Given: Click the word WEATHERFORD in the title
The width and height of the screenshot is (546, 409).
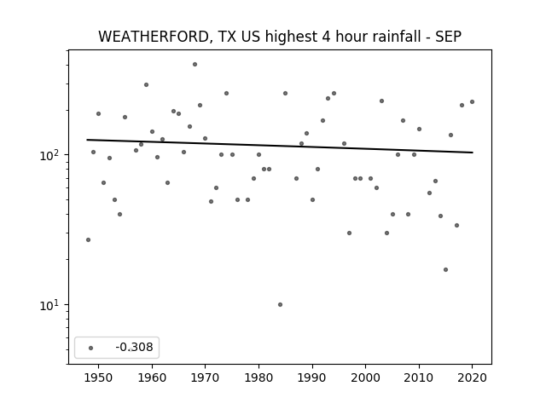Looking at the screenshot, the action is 154,37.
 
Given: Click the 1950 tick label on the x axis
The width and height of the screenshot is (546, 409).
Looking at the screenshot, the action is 99,377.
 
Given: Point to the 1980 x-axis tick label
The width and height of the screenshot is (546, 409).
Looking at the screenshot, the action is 258,377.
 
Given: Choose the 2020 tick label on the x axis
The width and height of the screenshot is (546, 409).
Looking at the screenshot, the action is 472,377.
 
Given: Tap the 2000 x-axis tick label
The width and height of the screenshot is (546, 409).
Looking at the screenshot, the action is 366,377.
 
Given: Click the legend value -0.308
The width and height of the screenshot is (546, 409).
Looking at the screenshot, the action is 134,347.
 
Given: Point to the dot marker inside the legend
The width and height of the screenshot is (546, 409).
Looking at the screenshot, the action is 91,348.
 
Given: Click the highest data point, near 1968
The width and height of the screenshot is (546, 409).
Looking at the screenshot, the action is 195,65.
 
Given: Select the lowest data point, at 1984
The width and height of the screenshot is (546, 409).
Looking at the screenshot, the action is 281,305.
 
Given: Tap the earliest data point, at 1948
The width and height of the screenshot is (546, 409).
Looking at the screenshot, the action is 88,240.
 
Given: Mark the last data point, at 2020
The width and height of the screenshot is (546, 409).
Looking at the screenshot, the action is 472,102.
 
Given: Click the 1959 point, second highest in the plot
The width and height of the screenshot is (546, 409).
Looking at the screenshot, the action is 146,85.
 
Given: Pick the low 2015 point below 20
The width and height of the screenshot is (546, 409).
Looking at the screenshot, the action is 445,270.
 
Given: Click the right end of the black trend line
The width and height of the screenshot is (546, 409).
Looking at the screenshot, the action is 473,153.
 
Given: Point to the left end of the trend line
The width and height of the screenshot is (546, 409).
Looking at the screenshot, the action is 87,140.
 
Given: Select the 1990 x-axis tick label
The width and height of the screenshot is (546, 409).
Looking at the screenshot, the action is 312,377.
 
